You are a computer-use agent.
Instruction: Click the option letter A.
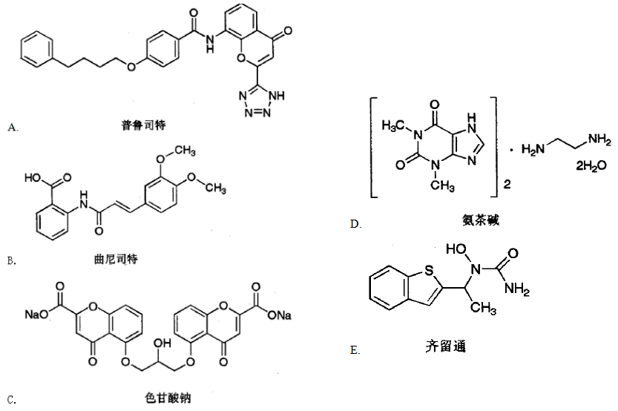pos(11,128)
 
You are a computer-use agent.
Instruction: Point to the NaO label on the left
pos(34,315)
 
